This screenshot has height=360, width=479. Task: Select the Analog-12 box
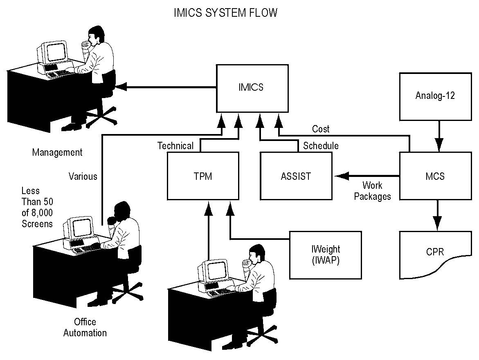click(x=435, y=96)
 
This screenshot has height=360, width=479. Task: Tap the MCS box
click(x=435, y=176)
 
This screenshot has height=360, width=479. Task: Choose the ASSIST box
click(x=296, y=176)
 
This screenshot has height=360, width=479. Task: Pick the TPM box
click(x=203, y=176)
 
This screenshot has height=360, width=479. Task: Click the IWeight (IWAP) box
click(x=325, y=255)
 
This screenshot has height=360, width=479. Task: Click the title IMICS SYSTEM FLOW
click(x=225, y=13)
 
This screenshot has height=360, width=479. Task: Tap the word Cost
click(x=321, y=129)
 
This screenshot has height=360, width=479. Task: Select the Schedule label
click(x=321, y=146)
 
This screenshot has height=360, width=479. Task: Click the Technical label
click(x=175, y=146)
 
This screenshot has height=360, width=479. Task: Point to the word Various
click(x=83, y=177)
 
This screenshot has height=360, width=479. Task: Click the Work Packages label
click(x=372, y=191)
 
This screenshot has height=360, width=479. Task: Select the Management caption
click(x=57, y=152)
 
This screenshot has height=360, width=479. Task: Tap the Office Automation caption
click(x=85, y=327)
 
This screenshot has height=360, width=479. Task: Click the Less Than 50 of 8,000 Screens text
click(x=37, y=207)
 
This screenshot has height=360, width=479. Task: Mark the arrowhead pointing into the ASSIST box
click(x=340, y=176)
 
